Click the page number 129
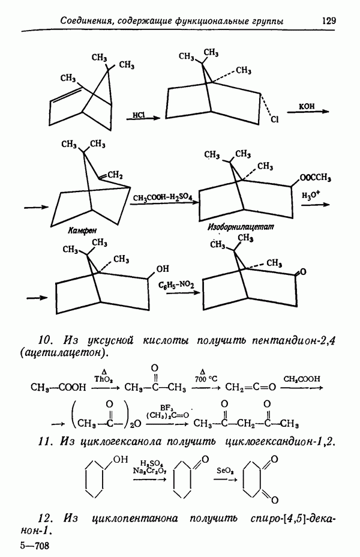pyautogui.click(x=328, y=20)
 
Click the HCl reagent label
pyautogui.click(x=139, y=115)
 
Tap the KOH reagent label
pyautogui.click(x=307, y=106)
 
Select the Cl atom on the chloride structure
pyautogui.click(x=275, y=119)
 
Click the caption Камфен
pyautogui.click(x=82, y=231)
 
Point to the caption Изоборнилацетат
pyautogui.click(x=241, y=226)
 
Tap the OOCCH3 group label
pyautogui.click(x=315, y=178)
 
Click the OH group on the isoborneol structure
pyautogui.click(x=162, y=269)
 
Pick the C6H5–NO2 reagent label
pyautogui.click(x=176, y=285)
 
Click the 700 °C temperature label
pyautogui.click(x=206, y=379)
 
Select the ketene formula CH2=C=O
pyautogui.click(x=250, y=387)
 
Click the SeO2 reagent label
pyautogui.click(x=225, y=471)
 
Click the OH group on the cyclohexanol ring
pyautogui.click(x=121, y=459)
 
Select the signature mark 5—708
pyautogui.click(x=35, y=546)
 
